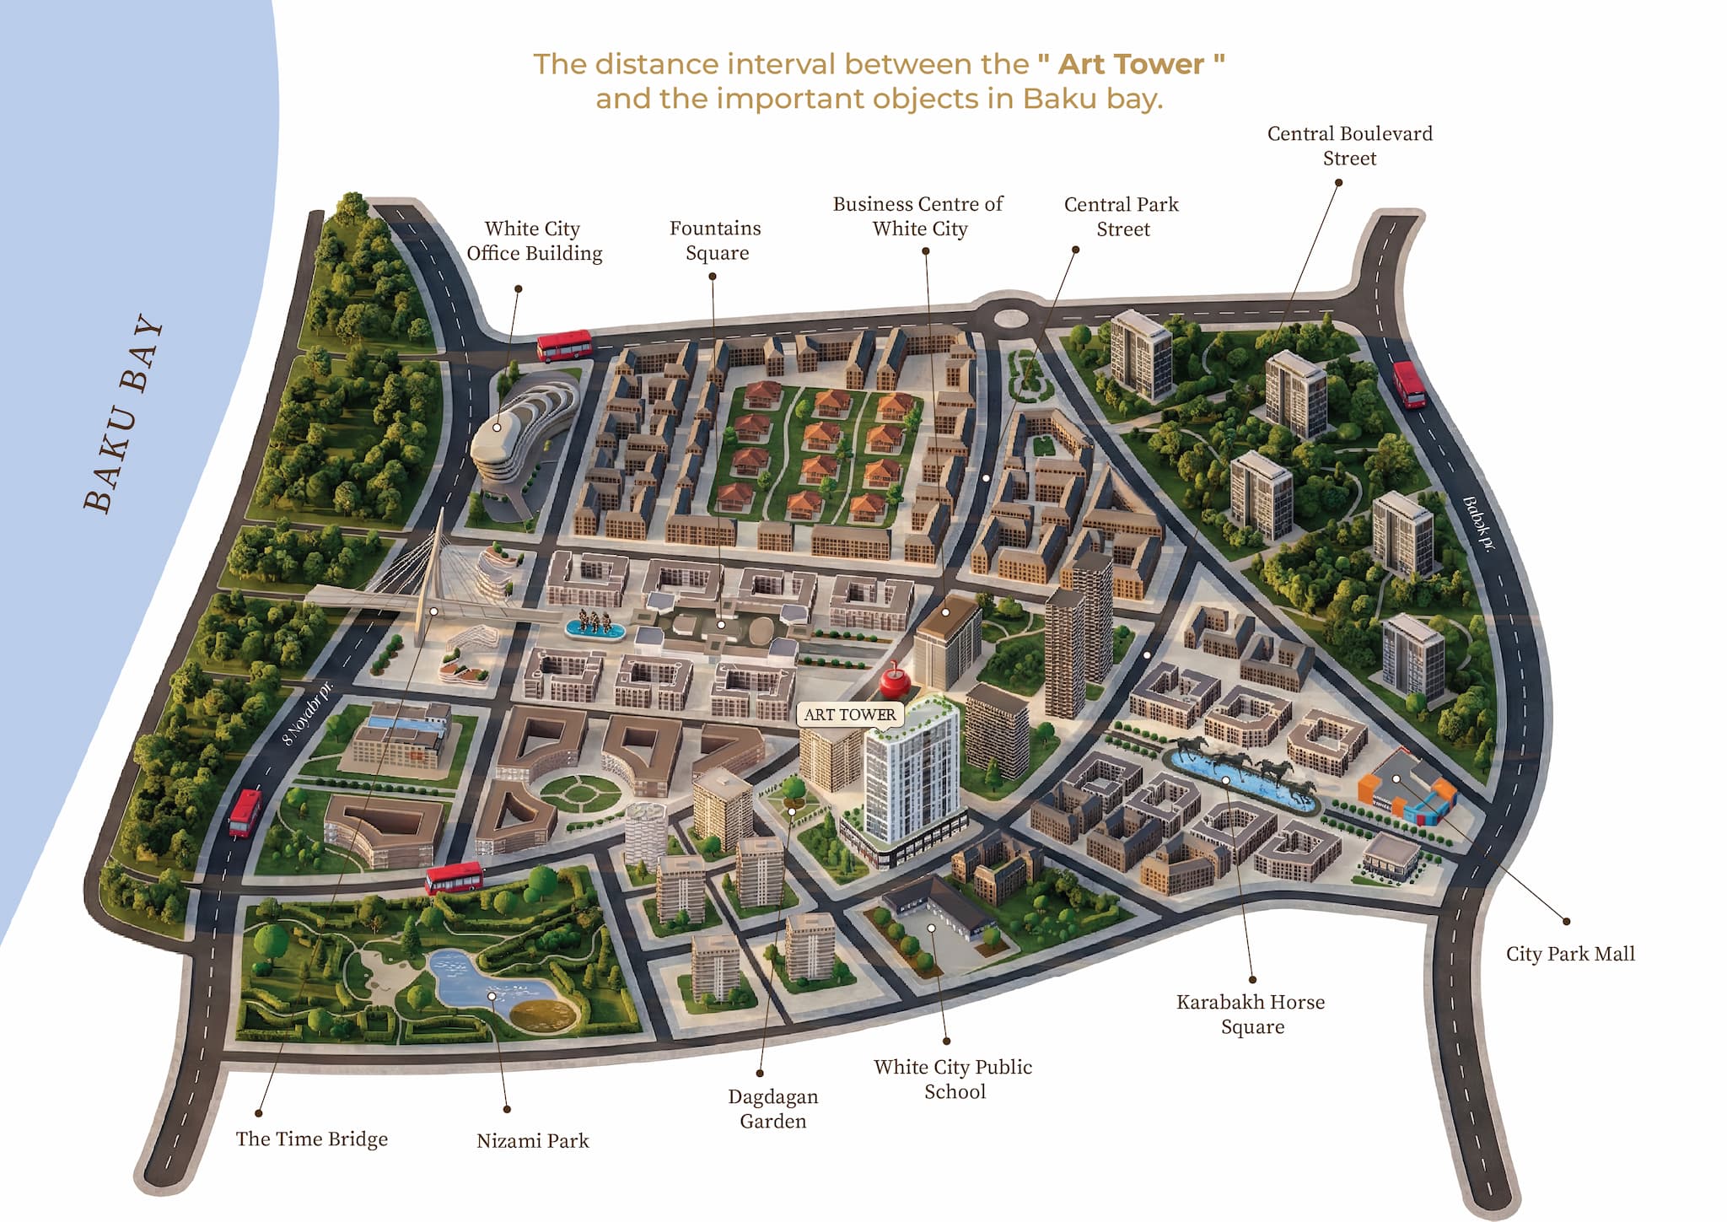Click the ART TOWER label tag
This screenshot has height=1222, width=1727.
850,714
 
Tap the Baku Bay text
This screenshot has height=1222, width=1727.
125,413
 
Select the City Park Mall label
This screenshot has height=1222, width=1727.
1569,954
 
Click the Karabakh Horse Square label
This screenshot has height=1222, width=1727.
1251,1014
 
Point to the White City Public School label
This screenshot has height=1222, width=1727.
953,1079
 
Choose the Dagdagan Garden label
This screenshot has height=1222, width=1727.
772,1108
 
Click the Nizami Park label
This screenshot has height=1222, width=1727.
532,1140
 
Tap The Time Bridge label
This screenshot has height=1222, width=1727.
311,1139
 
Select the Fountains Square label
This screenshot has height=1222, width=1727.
716,240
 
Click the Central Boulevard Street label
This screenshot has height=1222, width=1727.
1349,146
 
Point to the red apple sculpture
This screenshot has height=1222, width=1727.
891,680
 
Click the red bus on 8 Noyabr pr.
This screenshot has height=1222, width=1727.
245,812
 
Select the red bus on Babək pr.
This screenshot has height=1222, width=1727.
1408,384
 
